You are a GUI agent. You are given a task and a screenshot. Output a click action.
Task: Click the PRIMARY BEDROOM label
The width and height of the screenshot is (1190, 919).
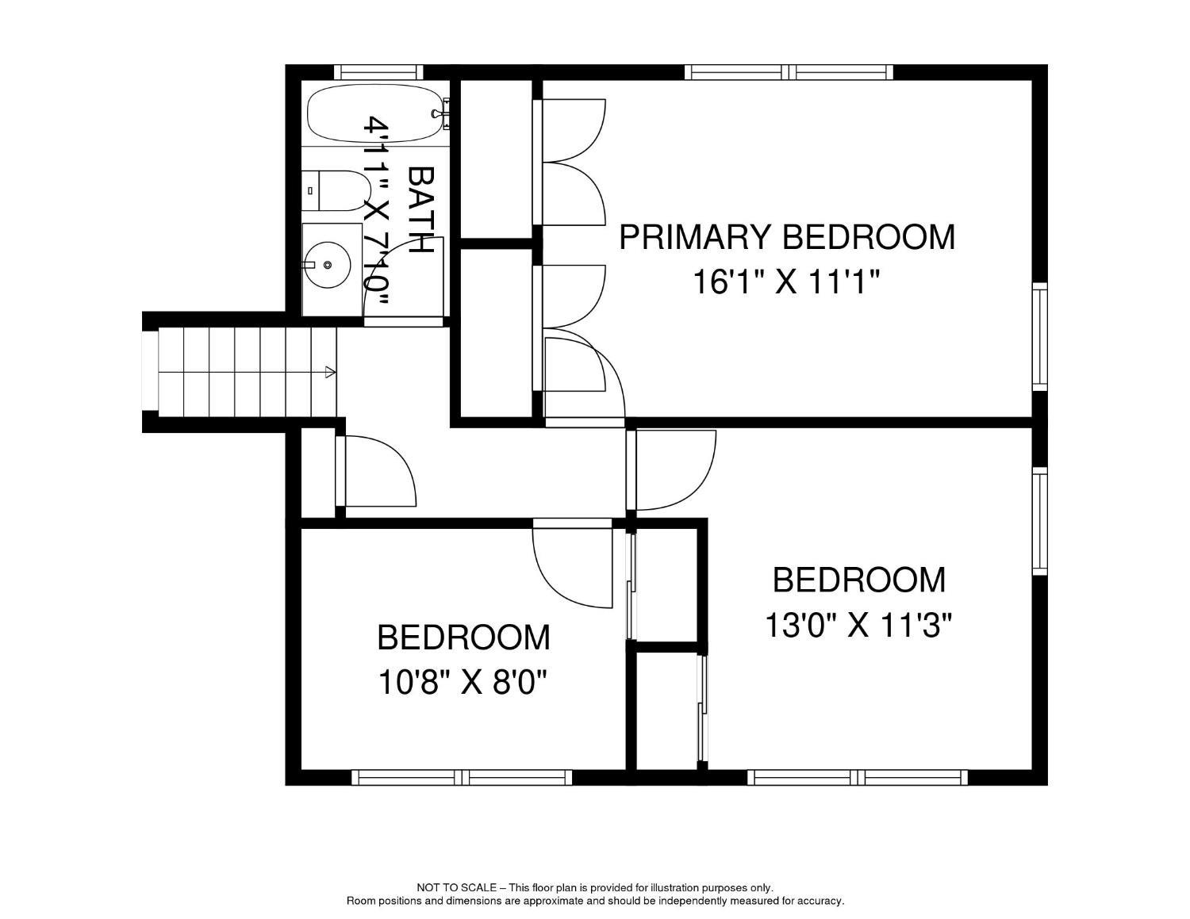786,237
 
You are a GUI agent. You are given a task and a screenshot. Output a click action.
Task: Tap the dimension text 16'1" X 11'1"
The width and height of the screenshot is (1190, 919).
786,281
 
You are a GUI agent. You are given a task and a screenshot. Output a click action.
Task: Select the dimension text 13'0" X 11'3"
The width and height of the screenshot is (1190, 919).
858,626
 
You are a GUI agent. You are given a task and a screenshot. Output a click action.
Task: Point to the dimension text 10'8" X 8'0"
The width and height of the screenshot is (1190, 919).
463,682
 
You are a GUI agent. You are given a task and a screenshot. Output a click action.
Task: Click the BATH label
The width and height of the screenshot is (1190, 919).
420,209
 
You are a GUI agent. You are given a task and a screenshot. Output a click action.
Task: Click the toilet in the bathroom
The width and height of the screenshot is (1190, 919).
336,190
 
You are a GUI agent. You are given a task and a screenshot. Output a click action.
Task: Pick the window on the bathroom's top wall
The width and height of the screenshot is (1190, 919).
378,71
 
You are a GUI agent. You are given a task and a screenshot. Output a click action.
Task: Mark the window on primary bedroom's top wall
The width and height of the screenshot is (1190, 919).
789,72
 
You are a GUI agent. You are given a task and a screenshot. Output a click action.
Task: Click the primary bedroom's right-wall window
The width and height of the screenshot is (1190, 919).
1039,336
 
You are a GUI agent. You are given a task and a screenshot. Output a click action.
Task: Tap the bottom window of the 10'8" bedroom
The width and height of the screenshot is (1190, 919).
462,777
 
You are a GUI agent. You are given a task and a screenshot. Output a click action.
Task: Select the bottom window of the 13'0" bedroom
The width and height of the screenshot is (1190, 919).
857,777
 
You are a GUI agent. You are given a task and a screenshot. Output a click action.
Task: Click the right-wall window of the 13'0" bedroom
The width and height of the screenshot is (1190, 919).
1039,521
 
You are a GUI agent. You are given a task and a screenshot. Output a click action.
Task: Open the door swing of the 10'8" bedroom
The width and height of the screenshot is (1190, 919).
571,563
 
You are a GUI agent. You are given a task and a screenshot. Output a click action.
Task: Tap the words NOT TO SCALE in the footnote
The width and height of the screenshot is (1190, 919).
456,888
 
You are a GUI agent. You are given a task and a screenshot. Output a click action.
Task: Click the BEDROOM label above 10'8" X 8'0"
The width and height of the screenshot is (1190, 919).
463,638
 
